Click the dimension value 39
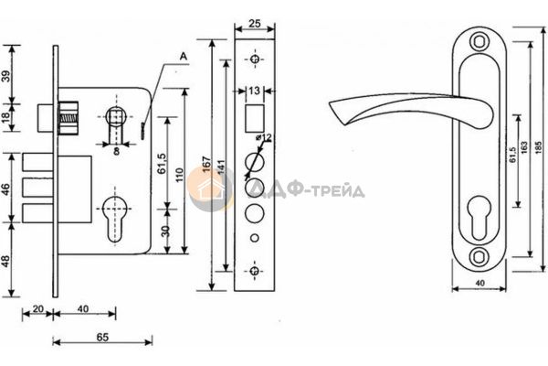[6, 76]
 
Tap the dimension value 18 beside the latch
[6, 117]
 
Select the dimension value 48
[6, 261]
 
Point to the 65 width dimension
[102, 338]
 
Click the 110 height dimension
[179, 175]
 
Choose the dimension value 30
[165, 231]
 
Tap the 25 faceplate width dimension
[255, 24]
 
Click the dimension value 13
[255, 91]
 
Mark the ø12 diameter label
[264, 137]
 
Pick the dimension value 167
[207, 164]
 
